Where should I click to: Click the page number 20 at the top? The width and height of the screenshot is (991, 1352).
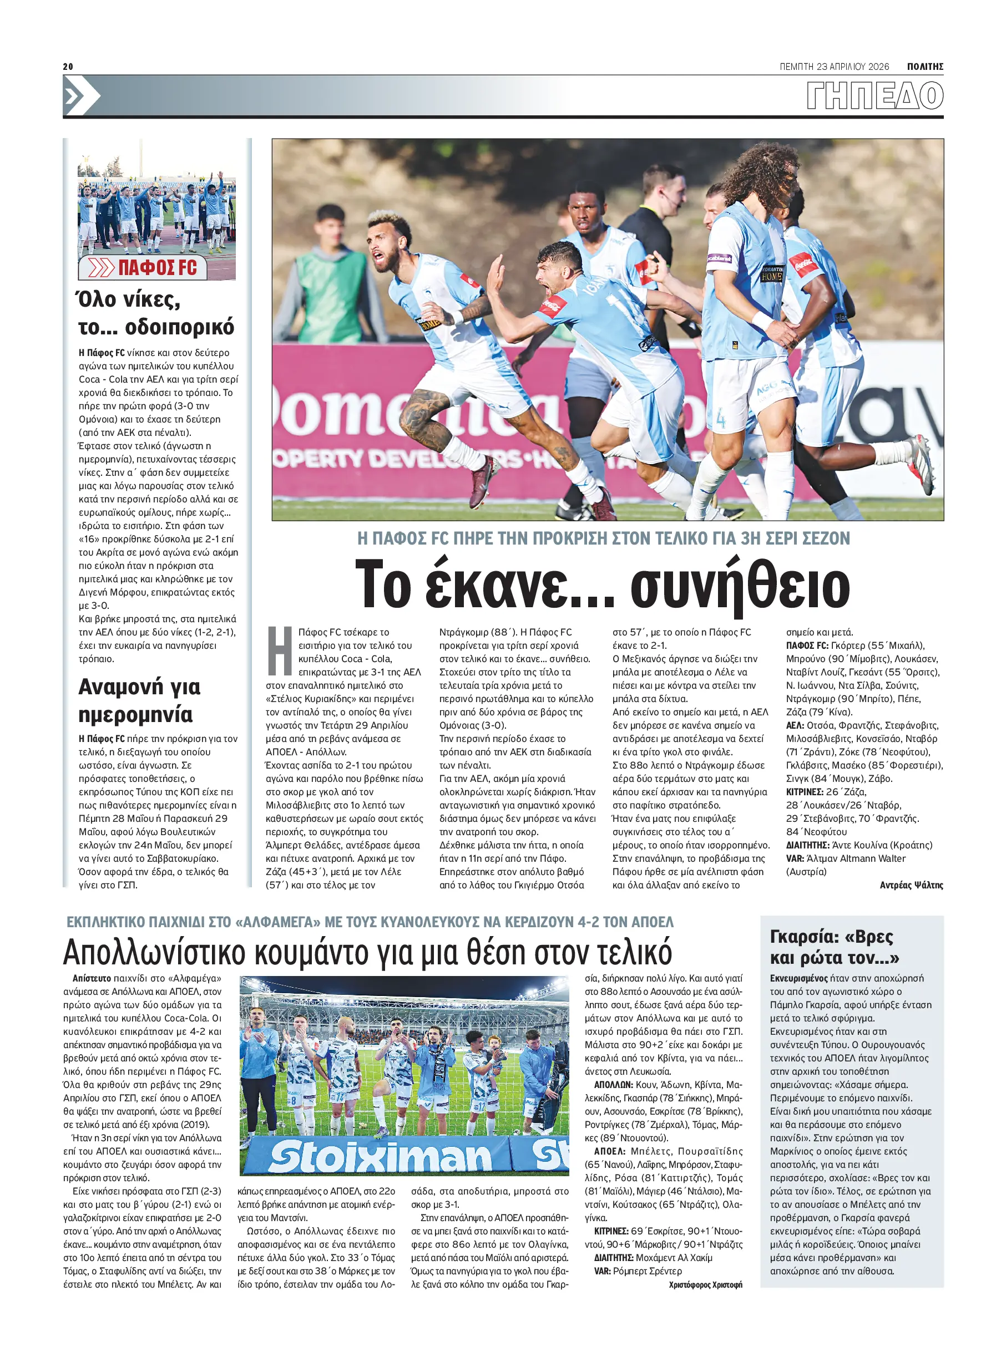68,67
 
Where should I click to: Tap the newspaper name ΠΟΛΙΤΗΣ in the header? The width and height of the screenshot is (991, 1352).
925,67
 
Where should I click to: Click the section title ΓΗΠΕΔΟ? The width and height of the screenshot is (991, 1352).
874,96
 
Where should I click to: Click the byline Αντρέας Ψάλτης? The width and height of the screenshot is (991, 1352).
911,885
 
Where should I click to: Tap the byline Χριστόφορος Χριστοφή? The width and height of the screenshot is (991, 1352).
705,1284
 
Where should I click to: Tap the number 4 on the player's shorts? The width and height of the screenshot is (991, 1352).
720,419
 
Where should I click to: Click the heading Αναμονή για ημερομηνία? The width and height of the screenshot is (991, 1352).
139,700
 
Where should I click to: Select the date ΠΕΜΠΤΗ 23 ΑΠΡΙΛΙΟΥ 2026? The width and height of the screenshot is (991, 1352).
834,67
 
